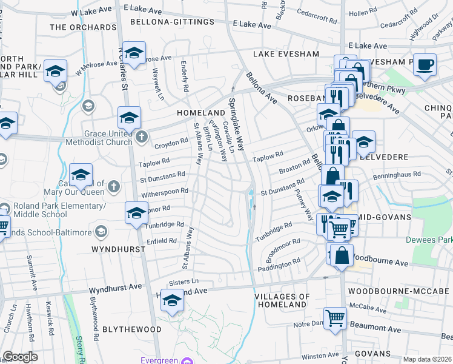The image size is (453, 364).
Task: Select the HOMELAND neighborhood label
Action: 201,113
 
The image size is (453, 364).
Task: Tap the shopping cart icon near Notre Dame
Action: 334,317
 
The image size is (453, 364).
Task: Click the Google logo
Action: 20,357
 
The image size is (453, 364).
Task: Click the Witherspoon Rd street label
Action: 165,192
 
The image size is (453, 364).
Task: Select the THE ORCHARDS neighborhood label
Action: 83,27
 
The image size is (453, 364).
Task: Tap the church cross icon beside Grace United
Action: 141,136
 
